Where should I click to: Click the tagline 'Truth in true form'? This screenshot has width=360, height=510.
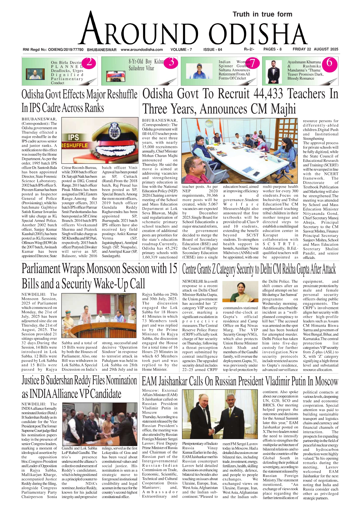coord(262,14)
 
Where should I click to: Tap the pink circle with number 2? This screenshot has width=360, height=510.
coord(89,62)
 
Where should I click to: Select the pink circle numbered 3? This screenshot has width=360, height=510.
coord(171,62)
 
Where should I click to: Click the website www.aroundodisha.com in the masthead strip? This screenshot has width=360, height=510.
coord(142,50)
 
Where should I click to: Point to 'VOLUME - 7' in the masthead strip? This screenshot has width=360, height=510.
coord(181,50)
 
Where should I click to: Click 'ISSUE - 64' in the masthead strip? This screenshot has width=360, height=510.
coord(213,50)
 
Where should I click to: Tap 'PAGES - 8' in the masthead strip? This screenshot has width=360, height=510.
coord(272,49)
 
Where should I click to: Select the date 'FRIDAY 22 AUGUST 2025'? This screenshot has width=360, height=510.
coord(315,49)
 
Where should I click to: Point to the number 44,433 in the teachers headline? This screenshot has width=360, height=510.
coord(271,94)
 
